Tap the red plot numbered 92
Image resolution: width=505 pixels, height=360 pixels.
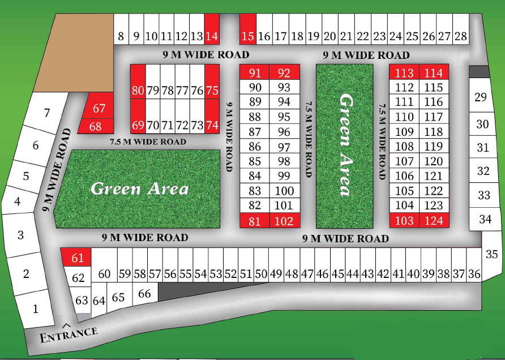click(284, 72)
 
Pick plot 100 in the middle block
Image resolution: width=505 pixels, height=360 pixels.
click(284, 191)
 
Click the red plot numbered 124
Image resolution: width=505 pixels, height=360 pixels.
click(434, 220)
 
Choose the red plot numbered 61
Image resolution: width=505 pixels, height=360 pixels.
click(78, 258)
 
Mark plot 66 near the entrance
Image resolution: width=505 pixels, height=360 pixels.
click(145, 294)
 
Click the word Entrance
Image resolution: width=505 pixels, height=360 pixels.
click(69, 335)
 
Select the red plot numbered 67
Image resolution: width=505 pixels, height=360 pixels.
click(100, 108)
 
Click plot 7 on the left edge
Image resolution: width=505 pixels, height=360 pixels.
click(47, 113)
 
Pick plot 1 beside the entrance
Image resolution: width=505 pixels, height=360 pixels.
click(36, 309)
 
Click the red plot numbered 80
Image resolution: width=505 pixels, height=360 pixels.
click(138, 91)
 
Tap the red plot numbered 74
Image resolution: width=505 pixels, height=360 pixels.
click(212, 125)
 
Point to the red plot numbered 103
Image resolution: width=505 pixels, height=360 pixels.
click(404, 220)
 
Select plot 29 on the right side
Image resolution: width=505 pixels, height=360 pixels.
click(480, 97)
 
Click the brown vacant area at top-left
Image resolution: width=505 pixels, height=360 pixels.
click(74, 54)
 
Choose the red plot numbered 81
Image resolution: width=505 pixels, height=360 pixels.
click(255, 221)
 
